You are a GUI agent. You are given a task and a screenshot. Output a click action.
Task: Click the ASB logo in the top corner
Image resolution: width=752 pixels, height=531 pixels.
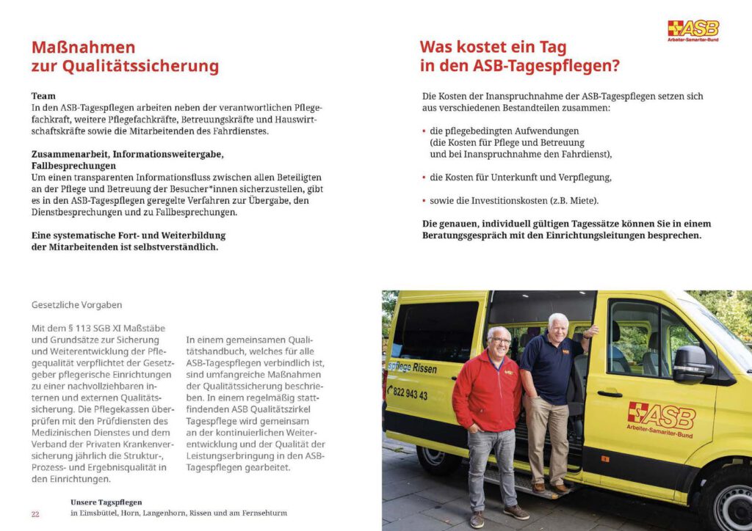[693, 30]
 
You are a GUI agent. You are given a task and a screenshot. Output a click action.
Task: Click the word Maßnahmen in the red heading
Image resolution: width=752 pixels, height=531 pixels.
[83, 48]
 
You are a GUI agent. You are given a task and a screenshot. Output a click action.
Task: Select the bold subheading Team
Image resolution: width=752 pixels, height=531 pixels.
[43, 96]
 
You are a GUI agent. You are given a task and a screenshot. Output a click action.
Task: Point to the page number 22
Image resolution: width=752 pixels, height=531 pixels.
[35, 513]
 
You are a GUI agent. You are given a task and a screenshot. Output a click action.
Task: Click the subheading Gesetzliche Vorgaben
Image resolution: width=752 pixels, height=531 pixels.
[76, 304]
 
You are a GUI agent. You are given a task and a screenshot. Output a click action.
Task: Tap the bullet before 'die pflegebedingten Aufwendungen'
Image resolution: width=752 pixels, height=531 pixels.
[424, 131]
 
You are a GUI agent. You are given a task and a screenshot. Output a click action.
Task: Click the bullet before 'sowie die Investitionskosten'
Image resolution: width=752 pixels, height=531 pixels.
[424, 201]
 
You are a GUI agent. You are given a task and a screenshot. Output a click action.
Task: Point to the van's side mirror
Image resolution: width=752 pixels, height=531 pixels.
[690, 364]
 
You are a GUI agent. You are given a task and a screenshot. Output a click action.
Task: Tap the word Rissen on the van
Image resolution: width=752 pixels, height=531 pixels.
[424, 368]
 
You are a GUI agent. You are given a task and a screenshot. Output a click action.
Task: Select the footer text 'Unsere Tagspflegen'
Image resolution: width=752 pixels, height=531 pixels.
[106, 502]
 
